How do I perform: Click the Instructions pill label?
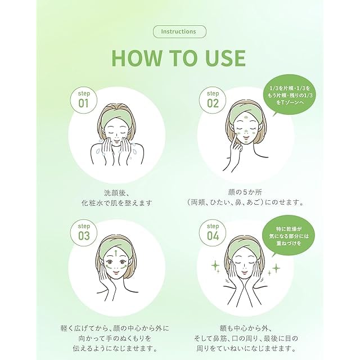(179, 31)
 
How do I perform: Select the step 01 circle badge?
(84, 100)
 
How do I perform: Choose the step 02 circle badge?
(213, 100)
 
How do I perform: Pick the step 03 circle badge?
(84, 233)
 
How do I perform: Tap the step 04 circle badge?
(213, 233)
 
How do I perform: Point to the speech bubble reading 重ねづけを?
(289, 236)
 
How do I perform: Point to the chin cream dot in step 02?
(246, 142)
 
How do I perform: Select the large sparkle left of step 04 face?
(215, 265)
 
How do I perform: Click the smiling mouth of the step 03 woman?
(116, 272)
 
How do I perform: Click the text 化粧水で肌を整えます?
(117, 203)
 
